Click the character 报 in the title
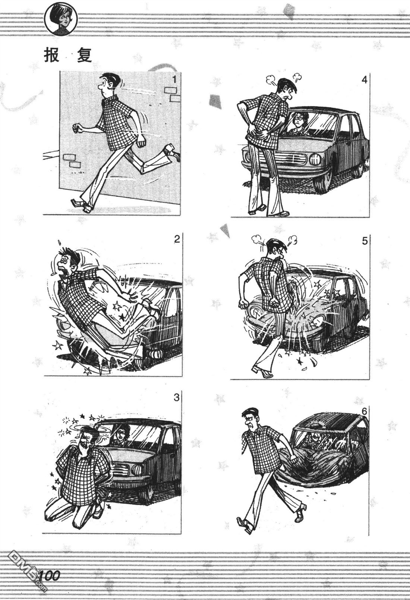pyautogui.click(x=51, y=56)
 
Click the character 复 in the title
pyautogui.click(x=84, y=56)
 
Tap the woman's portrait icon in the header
pyautogui.click(x=61, y=20)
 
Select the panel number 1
pyautogui.click(x=174, y=79)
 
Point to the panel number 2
pyautogui.click(x=177, y=239)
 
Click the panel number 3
pyautogui.click(x=176, y=398)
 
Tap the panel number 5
pyautogui.click(x=365, y=241)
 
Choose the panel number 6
pyautogui.click(x=364, y=411)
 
